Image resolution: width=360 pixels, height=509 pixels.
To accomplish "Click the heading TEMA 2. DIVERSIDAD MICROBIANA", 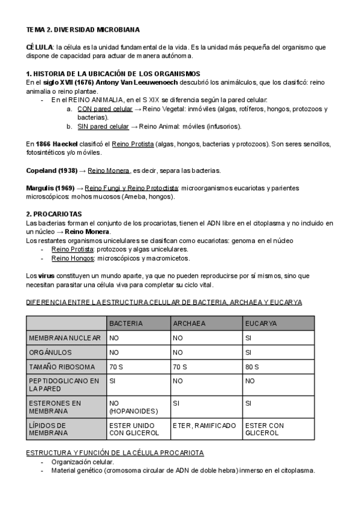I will pos(83,29).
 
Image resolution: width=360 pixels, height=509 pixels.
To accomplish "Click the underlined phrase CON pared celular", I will pos(105,109).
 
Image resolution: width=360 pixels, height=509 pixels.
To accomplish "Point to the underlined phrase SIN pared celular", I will pos(103,127).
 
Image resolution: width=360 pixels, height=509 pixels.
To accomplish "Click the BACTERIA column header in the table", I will pos(126,323).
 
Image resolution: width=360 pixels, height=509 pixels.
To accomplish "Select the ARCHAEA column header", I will pos(189,323).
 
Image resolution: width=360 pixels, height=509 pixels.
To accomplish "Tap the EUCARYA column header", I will pos(261,323).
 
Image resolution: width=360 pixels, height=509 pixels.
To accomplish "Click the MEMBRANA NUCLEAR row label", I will pos(65,338).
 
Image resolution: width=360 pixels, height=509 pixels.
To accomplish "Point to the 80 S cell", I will pos(252,367).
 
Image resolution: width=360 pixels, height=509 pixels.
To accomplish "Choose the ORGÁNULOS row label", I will pos(50,352).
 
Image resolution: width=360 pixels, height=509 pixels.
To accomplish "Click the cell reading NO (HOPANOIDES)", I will pos(132,408).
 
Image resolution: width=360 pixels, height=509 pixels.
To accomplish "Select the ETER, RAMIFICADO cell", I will pos(205,426).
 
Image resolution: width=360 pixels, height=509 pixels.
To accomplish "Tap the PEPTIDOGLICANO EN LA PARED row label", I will pos(65,385).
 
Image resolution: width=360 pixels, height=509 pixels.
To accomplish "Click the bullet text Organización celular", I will pos(82,462).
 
